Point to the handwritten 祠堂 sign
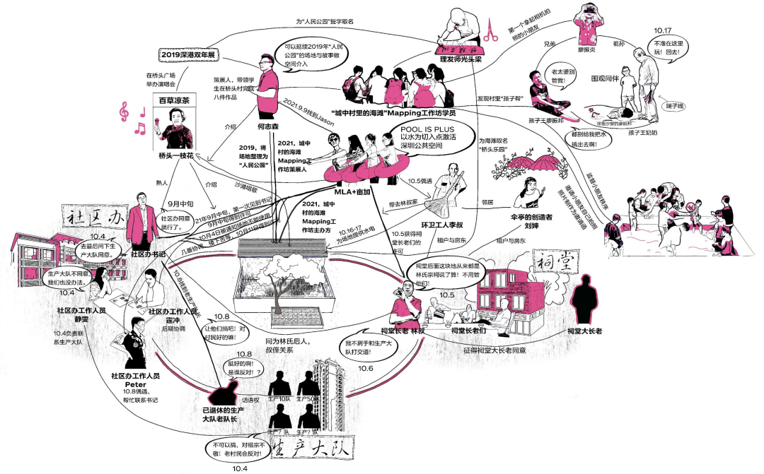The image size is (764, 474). (554, 261)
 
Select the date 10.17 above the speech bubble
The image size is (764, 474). (662, 31)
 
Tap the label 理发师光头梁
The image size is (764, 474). (461, 61)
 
